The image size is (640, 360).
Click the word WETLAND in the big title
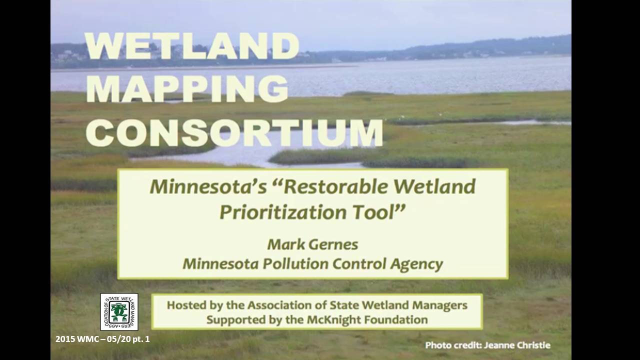[192, 45]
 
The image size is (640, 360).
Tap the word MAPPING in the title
[187, 89]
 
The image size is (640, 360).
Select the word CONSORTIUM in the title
[234, 133]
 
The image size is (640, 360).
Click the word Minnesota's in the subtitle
[208, 187]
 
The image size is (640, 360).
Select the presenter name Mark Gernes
[312, 244]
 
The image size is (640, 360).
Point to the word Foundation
[393, 319]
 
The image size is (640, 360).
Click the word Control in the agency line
[359, 263]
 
